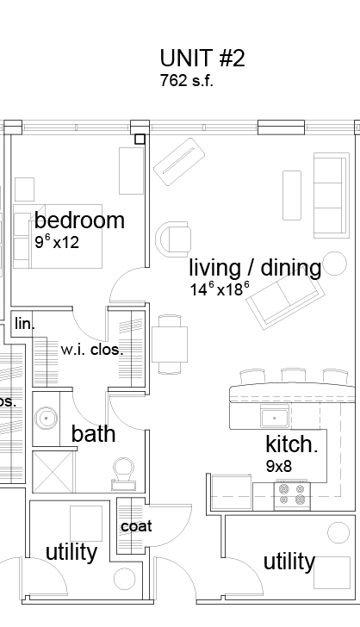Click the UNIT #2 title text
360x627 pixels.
pyautogui.click(x=202, y=59)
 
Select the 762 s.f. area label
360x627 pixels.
pyautogui.click(x=186, y=83)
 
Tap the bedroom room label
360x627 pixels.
pyautogui.click(x=79, y=220)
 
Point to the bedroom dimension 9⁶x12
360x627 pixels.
pyautogui.click(x=57, y=242)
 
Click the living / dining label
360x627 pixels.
pyautogui.click(x=254, y=268)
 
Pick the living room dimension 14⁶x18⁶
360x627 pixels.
pyautogui.click(x=220, y=289)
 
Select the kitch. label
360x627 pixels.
pyautogui.click(x=291, y=445)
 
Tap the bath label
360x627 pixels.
pyautogui.click(x=93, y=433)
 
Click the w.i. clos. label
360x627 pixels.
pyautogui.click(x=91, y=351)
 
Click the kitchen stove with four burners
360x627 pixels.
pyautogui.click(x=290, y=494)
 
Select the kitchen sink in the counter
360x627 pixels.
pyautogui.click(x=275, y=419)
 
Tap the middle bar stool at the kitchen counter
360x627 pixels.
pyautogui.click(x=292, y=375)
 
